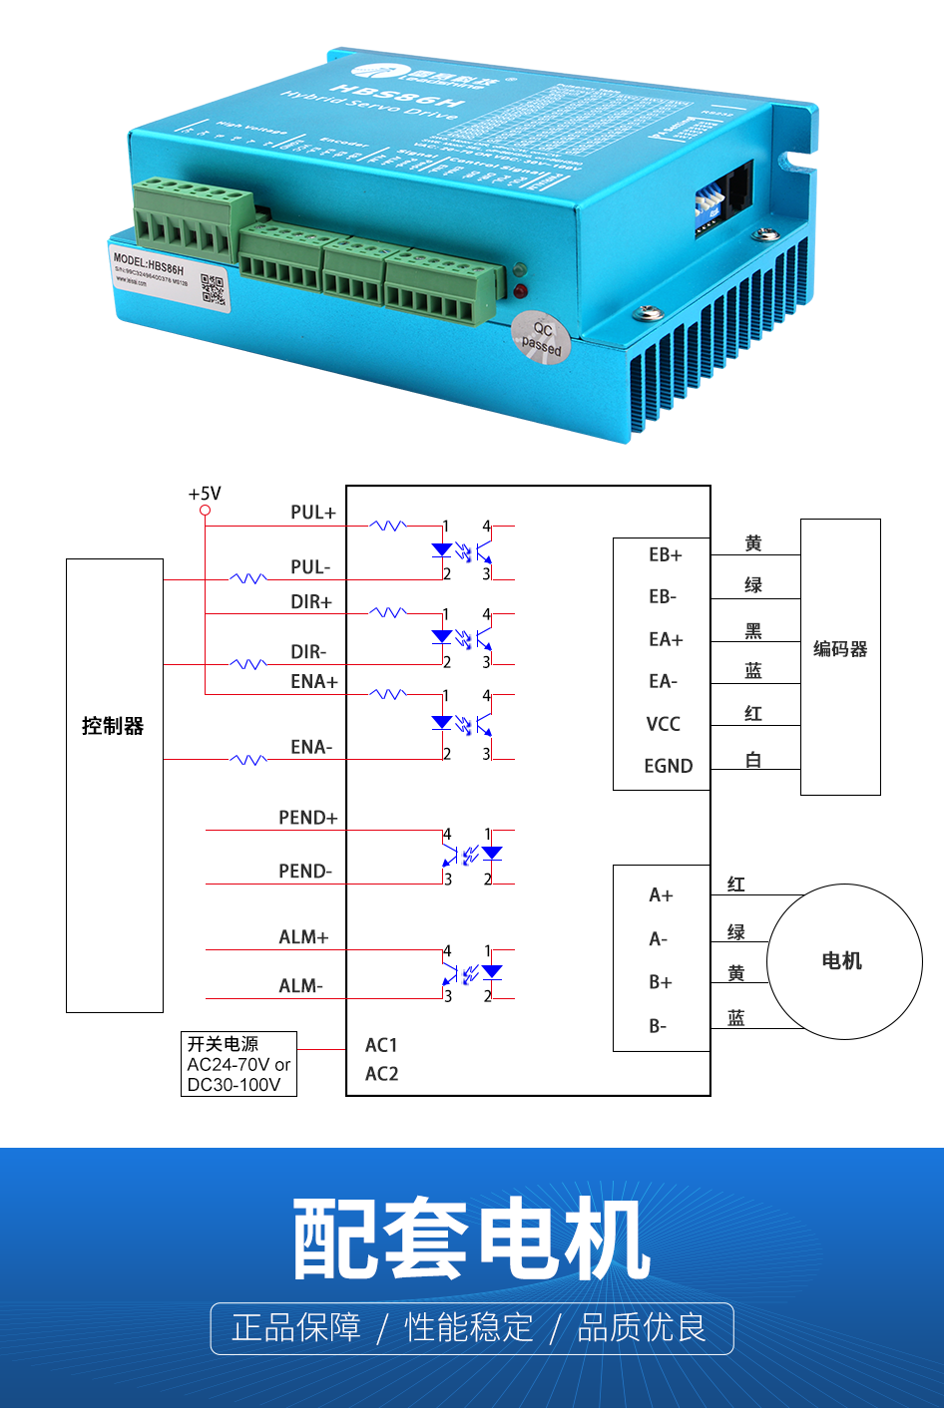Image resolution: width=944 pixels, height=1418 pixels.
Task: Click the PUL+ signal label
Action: pyautogui.click(x=313, y=513)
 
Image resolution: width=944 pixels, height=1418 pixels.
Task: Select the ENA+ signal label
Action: pyautogui.click(x=313, y=682)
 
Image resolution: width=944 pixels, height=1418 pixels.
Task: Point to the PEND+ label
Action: pyautogui.click(x=307, y=818)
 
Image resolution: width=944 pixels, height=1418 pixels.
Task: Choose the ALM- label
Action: pyautogui.click(x=300, y=986)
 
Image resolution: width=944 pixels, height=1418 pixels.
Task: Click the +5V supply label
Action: pyautogui.click(x=205, y=494)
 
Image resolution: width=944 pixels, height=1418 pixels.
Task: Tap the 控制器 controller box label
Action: pyautogui.click(x=113, y=726)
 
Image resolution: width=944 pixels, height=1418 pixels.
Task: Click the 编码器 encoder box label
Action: pyautogui.click(x=840, y=649)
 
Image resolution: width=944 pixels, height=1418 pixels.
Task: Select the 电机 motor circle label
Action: pyautogui.click(x=841, y=961)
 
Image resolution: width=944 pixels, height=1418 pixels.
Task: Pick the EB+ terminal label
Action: pyautogui.click(x=665, y=555)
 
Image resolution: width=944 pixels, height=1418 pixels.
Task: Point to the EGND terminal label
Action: pyautogui.click(x=668, y=766)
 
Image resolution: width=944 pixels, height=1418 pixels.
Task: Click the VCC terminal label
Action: pyautogui.click(x=664, y=724)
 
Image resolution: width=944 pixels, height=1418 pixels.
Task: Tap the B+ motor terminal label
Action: pyautogui.click(x=661, y=982)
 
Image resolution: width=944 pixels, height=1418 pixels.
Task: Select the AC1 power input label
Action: pyautogui.click(x=381, y=1045)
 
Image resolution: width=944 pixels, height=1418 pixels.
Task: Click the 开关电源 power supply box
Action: pyautogui.click(x=238, y=1064)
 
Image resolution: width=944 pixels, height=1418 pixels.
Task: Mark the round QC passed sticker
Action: pyautogui.click(x=541, y=338)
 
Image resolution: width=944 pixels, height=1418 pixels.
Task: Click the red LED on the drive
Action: pyautogui.click(x=520, y=291)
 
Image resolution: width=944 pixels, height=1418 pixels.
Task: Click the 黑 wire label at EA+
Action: pyautogui.click(x=753, y=631)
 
